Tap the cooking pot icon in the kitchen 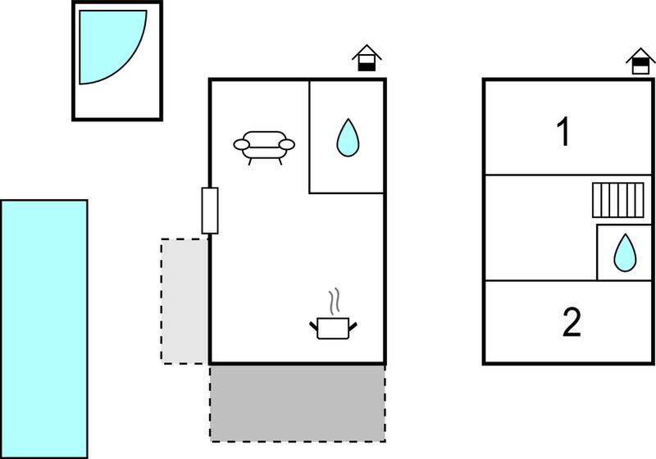coord(333,328)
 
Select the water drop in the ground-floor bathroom coord(348,138)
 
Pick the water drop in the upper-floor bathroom coord(625,253)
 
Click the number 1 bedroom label coord(563,131)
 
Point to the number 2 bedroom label coord(572,321)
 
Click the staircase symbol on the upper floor coord(618,200)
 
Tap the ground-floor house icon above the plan coord(367,57)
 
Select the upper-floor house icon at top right coord(640,61)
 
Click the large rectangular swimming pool coord(44,329)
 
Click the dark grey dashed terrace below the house coord(298,403)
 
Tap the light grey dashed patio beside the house coord(184,302)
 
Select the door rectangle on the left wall coord(210,211)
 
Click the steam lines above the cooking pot coord(334,302)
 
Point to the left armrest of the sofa coord(241,144)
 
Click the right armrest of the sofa coord(287,144)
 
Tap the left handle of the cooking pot coord(314,326)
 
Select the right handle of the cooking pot coord(353,326)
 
